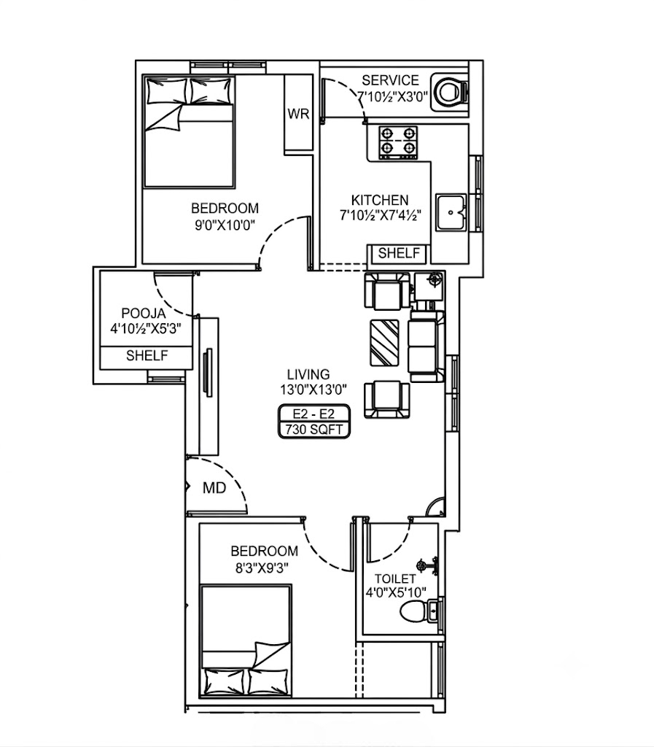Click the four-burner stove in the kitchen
click(x=398, y=142)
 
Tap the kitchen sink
click(x=451, y=212)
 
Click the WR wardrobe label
click(x=298, y=114)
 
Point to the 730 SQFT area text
click(x=314, y=430)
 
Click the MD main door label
click(x=214, y=488)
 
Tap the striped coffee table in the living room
click(x=384, y=343)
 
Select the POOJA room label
click(x=144, y=314)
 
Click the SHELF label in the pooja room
click(x=147, y=355)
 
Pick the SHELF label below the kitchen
click(x=399, y=253)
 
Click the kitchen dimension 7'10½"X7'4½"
click(x=381, y=216)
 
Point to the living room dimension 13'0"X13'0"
click(x=314, y=390)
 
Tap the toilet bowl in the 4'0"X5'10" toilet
click(x=412, y=611)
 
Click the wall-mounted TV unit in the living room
click(x=208, y=372)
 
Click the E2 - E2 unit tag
click(x=314, y=414)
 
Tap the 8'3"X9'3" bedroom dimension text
click(x=262, y=568)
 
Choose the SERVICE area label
click(x=390, y=80)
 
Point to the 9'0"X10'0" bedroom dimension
click(x=225, y=225)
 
